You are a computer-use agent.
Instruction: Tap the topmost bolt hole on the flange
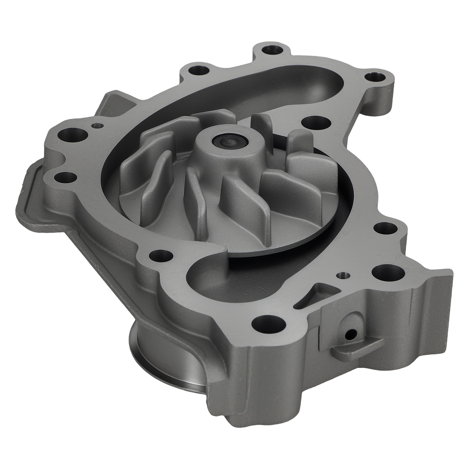tap(269, 50)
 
